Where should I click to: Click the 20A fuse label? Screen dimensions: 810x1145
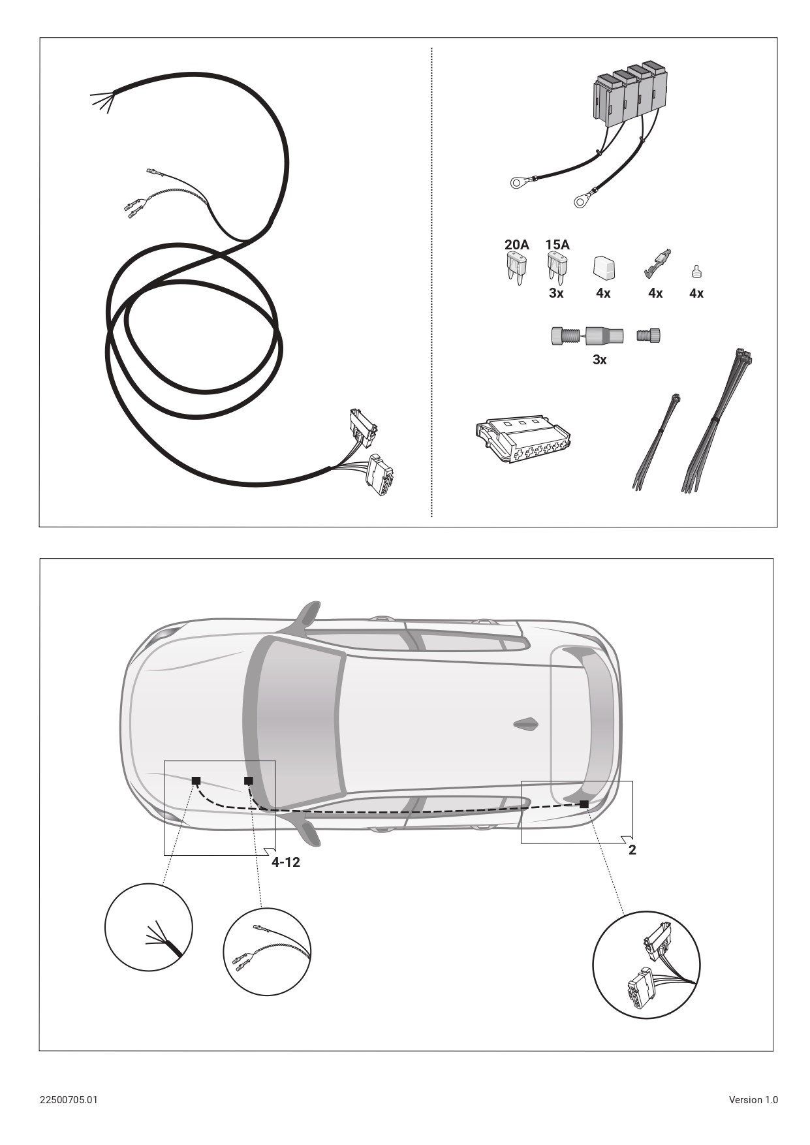click(x=516, y=245)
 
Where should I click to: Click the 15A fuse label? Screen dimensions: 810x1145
click(x=557, y=245)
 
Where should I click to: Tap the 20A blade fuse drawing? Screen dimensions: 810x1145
click(x=516, y=270)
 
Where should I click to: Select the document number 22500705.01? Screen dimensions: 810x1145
click(x=69, y=1099)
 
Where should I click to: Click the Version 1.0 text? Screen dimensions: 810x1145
click(x=753, y=1099)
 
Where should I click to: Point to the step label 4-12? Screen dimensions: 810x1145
click(x=286, y=862)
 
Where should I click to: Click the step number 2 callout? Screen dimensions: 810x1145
click(x=632, y=850)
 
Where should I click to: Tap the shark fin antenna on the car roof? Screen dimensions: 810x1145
click(x=526, y=724)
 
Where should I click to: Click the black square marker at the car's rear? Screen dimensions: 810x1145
click(x=584, y=804)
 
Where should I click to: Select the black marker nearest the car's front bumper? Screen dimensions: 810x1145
click(x=196, y=780)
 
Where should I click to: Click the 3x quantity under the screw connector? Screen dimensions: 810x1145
click(x=599, y=360)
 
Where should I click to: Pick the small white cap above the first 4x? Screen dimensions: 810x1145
click(x=604, y=268)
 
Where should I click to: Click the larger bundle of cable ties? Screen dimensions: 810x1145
click(x=716, y=420)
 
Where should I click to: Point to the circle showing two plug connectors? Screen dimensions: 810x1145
click(x=646, y=964)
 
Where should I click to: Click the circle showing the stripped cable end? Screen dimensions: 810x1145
click(x=149, y=927)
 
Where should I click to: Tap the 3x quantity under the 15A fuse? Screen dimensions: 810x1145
click(x=556, y=293)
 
